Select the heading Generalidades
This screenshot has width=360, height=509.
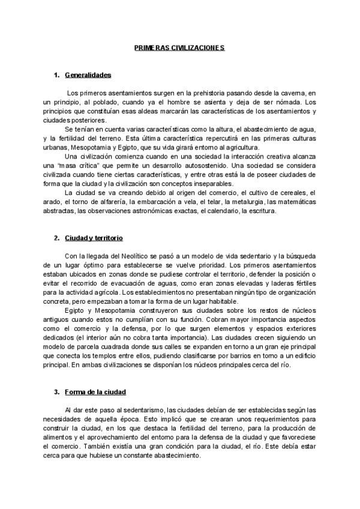coord(88,75)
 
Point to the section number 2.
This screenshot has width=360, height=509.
coord(56,238)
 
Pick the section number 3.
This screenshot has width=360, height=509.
coord(56,392)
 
